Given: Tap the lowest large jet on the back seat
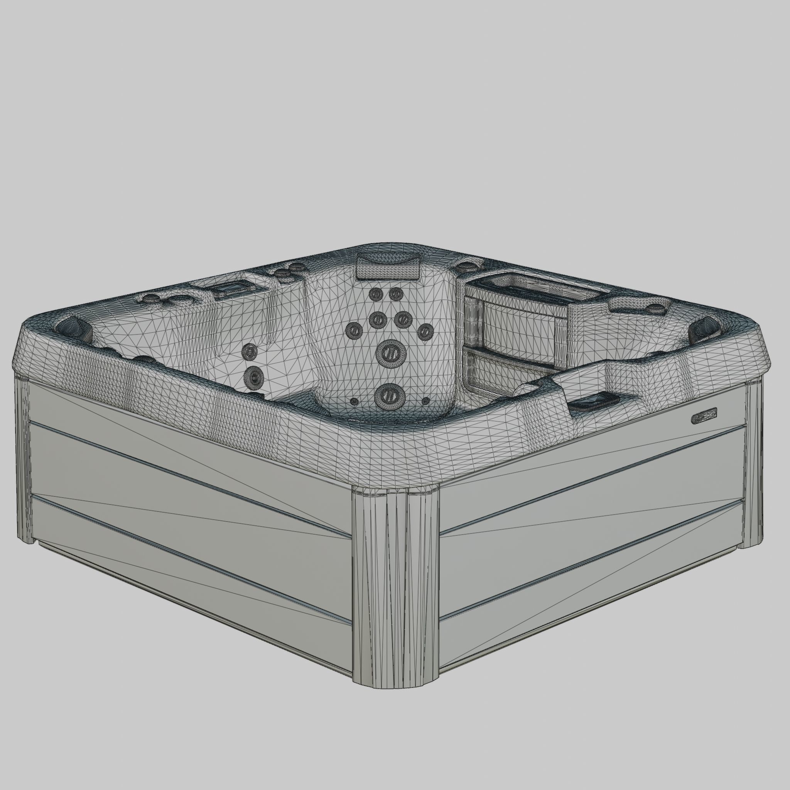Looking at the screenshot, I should click(x=389, y=395).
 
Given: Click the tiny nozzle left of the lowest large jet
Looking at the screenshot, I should click(x=354, y=401).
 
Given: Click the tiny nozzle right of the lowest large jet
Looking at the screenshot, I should click(x=425, y=400).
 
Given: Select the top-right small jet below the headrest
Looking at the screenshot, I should click(x=395, y=293).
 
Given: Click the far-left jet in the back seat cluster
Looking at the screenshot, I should click(x=354, y=329).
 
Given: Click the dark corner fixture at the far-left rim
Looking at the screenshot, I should click(x=74, y=328).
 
